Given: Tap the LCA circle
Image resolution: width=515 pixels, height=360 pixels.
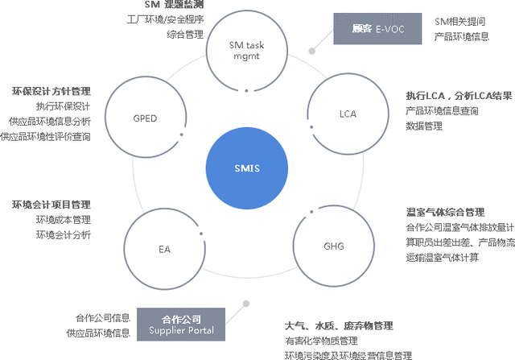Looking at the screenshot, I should coord(347,114).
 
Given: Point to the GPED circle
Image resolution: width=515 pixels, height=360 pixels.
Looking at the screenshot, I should coord(145,118).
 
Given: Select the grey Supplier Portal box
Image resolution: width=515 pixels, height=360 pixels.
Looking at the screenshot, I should coord(181,324).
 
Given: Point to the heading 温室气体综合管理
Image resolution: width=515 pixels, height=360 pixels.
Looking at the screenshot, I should coord(445,213).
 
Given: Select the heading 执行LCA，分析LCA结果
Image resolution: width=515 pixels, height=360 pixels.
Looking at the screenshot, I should coord(459,95).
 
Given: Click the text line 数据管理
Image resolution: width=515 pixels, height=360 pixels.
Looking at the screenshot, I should coord(424,126).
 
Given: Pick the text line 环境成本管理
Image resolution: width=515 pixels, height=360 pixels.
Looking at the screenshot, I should coord(63,220).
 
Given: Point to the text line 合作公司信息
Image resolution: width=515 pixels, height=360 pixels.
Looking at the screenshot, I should coord(103,317).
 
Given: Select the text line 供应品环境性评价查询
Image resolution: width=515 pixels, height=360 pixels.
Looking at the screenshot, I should coord(46,136).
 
